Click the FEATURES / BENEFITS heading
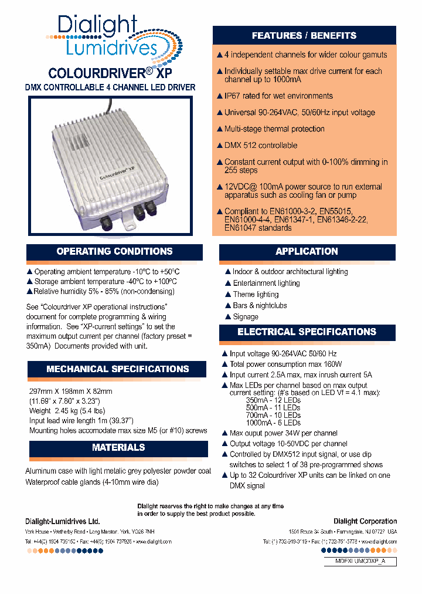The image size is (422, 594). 304,36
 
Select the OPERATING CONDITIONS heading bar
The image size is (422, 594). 114,252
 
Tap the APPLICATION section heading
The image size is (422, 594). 307,252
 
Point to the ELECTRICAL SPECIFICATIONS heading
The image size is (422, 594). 307,332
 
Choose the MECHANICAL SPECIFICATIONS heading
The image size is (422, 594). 117,369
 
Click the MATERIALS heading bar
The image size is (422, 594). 118,448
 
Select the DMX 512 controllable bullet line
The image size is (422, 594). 260,146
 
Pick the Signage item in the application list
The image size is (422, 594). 246,316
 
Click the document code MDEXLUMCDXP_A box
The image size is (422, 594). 360,562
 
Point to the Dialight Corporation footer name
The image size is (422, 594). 365,521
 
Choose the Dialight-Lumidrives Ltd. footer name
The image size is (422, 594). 63,521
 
